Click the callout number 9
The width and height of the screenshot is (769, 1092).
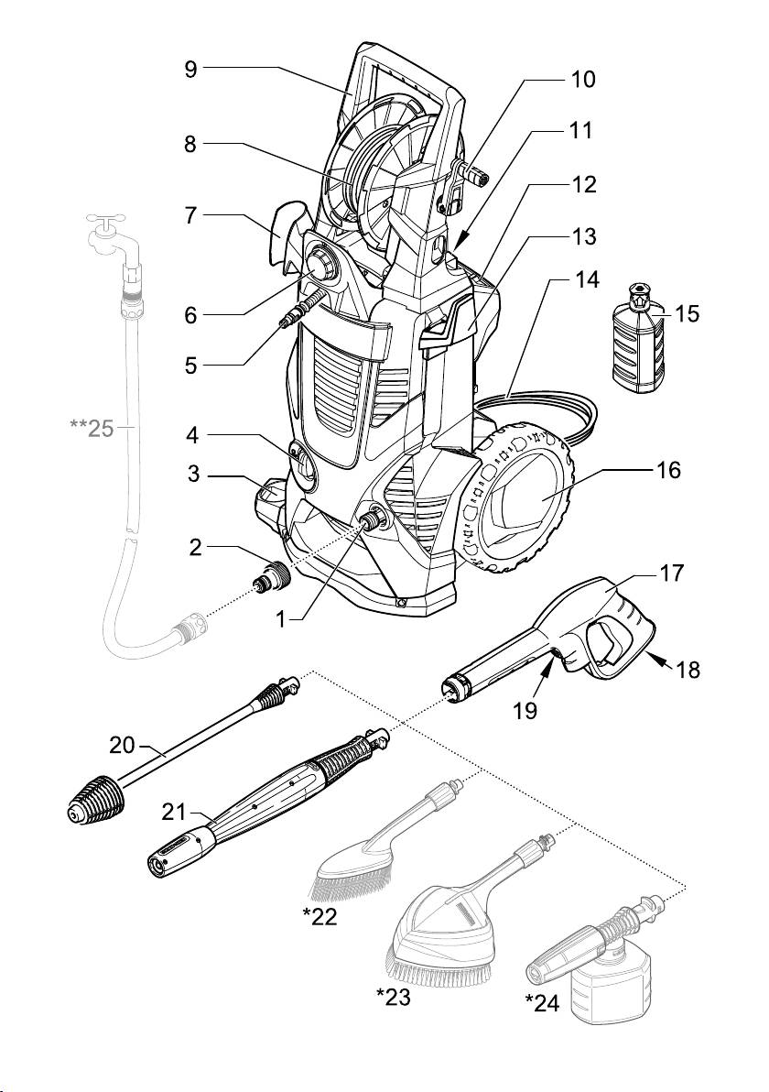[x=190, y=69]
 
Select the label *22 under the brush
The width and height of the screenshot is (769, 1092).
[x=320, y=917]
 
